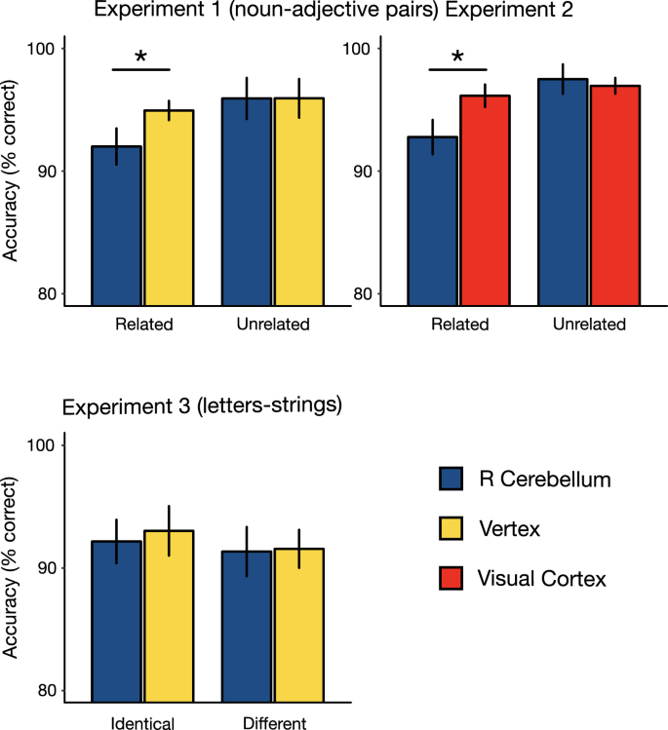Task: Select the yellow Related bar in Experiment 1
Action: pyautogui.click(x=169, y=209)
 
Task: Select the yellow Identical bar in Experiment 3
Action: pyautogui.click(x=169, y=615)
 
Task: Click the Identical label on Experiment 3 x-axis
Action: pyautogui.click(x=142, y=722)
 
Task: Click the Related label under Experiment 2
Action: pyautogui.click(x=458, y=326)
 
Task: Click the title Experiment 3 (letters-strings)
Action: pyautogui.click(x=202, y=405)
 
